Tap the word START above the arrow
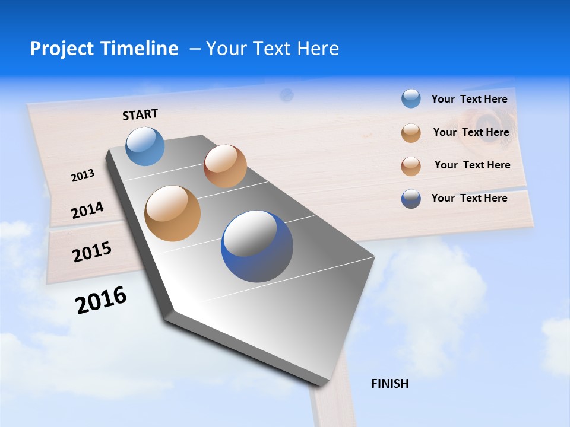[140, 114]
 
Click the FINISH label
[389, 384]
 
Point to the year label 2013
[83, 176]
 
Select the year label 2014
[87, 211]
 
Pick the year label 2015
[92, 252]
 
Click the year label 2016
[101, 300]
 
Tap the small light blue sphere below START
[145, 146]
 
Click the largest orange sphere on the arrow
[172, 213]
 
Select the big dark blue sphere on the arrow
[256, 246]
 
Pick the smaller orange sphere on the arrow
[225, 166]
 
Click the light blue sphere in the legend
[411, 99]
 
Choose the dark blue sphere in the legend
[411, 199]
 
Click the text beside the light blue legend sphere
[469, 99]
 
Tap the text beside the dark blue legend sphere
[469, 198]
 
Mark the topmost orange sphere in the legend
[411, 133]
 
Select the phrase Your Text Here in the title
[273, 49]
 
